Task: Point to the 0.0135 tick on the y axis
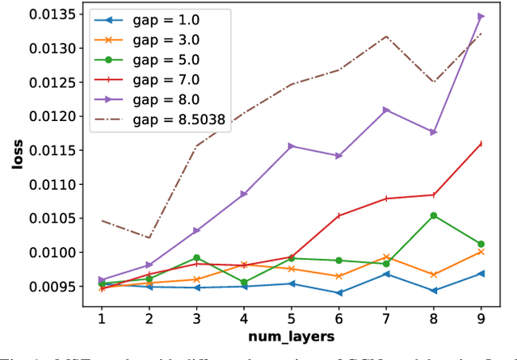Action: click(x=51, y=15)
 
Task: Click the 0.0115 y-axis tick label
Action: click(x=51, y=150)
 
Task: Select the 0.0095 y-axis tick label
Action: click(x=51, y=287)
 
